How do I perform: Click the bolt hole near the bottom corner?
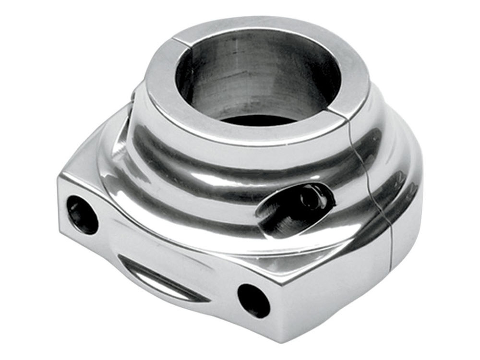pyautogui.click(x=253, y=300)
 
